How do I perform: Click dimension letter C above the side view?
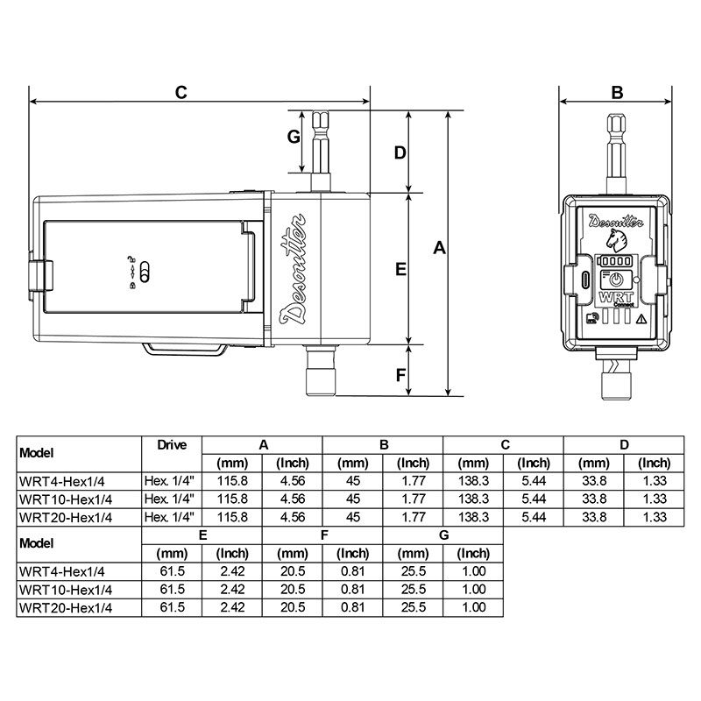(181, 93)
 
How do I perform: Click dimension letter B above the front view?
(616, 93)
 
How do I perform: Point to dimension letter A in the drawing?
(441, 250)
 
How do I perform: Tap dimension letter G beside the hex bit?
(294, 137)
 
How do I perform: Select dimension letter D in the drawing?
(399, 152)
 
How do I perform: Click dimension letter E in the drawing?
(400, 270)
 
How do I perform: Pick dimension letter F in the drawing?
(400, 375)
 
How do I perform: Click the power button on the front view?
(616, 280)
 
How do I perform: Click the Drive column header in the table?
(172, 445)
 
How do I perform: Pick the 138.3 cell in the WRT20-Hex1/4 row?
(473, 517)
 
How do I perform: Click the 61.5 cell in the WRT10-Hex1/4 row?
(172, 589)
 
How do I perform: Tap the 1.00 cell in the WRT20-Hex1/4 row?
(473, 607)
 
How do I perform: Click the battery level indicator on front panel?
(615, 261)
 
